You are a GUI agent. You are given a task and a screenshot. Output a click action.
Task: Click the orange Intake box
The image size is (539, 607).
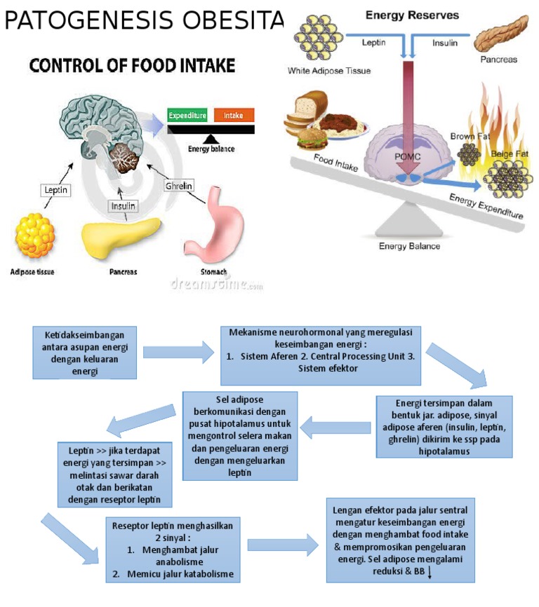click(234, 115)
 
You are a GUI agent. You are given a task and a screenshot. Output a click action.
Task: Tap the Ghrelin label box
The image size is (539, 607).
click(178, 186)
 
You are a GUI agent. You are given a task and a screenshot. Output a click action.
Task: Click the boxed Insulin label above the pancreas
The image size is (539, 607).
click(123, 206)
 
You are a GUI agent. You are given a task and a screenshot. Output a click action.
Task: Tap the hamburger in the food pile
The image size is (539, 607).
click(309, 139)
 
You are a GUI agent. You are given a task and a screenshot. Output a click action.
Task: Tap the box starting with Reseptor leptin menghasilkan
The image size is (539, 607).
click(172, 550)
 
